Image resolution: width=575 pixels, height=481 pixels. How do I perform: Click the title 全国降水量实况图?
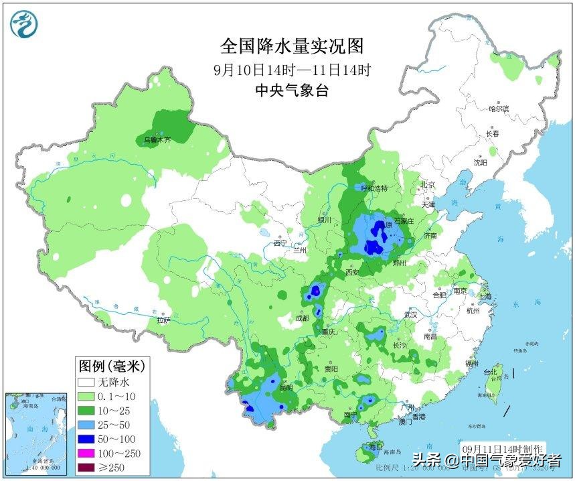pos(292,46)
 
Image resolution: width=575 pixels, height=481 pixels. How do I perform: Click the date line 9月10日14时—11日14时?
pos(292,70)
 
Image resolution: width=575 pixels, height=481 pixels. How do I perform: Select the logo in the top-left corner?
pos(23,24)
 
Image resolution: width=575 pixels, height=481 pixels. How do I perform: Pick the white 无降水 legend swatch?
pos(86,383)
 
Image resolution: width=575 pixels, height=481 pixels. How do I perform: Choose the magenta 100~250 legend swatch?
pos(86,454)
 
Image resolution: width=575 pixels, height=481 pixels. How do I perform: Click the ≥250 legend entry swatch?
pos(86,468)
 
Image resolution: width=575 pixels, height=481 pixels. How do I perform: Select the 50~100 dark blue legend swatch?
pos(86,439)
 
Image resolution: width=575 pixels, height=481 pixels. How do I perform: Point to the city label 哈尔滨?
pos(499,109)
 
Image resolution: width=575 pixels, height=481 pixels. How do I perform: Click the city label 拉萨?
pos(164,320)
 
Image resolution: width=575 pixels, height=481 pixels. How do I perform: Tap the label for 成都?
pos(303,319)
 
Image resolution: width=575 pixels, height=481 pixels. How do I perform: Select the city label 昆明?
pos(286,387)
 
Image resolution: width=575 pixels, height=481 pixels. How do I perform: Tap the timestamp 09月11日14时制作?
pos(504,448)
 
